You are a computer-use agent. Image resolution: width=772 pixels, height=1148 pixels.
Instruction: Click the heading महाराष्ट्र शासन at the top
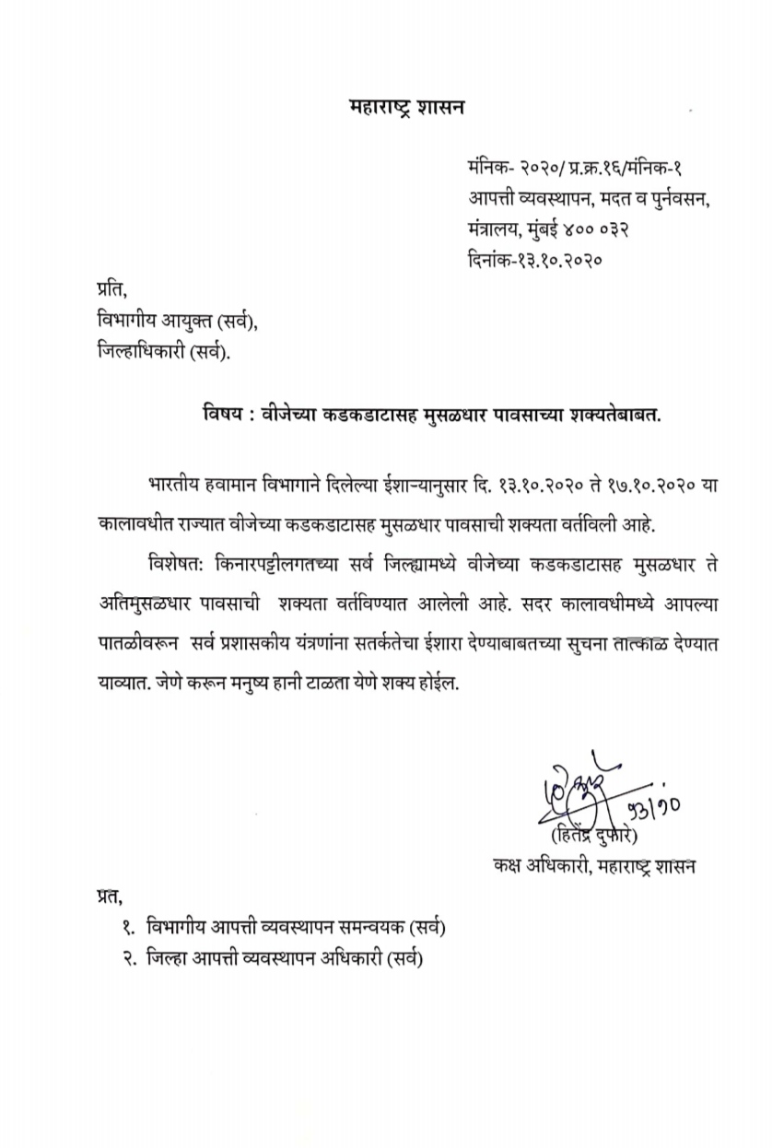408,108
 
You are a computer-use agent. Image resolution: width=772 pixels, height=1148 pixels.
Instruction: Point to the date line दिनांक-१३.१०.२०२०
535,259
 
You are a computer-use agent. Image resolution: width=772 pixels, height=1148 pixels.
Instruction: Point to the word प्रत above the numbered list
109,896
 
